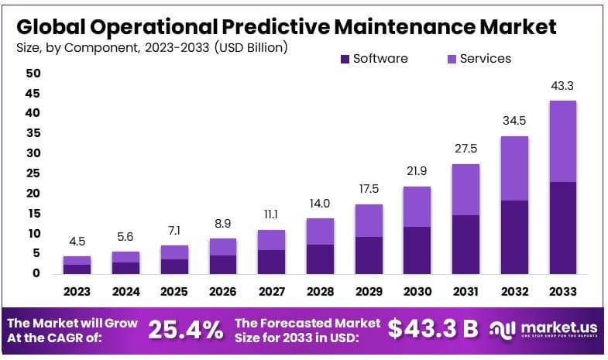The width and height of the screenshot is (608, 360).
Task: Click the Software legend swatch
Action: pos(345,59)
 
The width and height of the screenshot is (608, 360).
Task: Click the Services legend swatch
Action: pos(452,59)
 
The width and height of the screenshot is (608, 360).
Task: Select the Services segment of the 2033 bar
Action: pos(562,141)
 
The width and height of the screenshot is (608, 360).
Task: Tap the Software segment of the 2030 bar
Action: pos(417,249)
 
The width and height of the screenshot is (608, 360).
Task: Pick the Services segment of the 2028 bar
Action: pos(319,231)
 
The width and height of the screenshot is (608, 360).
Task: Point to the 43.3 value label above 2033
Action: pos(562,86)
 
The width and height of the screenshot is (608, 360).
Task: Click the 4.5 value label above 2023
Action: pos(77,241)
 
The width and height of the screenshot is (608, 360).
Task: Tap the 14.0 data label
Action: pos(319,203)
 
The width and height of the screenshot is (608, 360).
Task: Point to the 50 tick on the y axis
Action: pos(33,74)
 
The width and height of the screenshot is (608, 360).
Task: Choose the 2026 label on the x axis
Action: pos(222,292)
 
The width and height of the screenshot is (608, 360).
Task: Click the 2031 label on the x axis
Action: pos(465,292)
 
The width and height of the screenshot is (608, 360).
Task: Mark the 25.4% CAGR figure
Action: pos(186,330)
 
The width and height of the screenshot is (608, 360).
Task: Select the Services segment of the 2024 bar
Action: pos(125,256)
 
